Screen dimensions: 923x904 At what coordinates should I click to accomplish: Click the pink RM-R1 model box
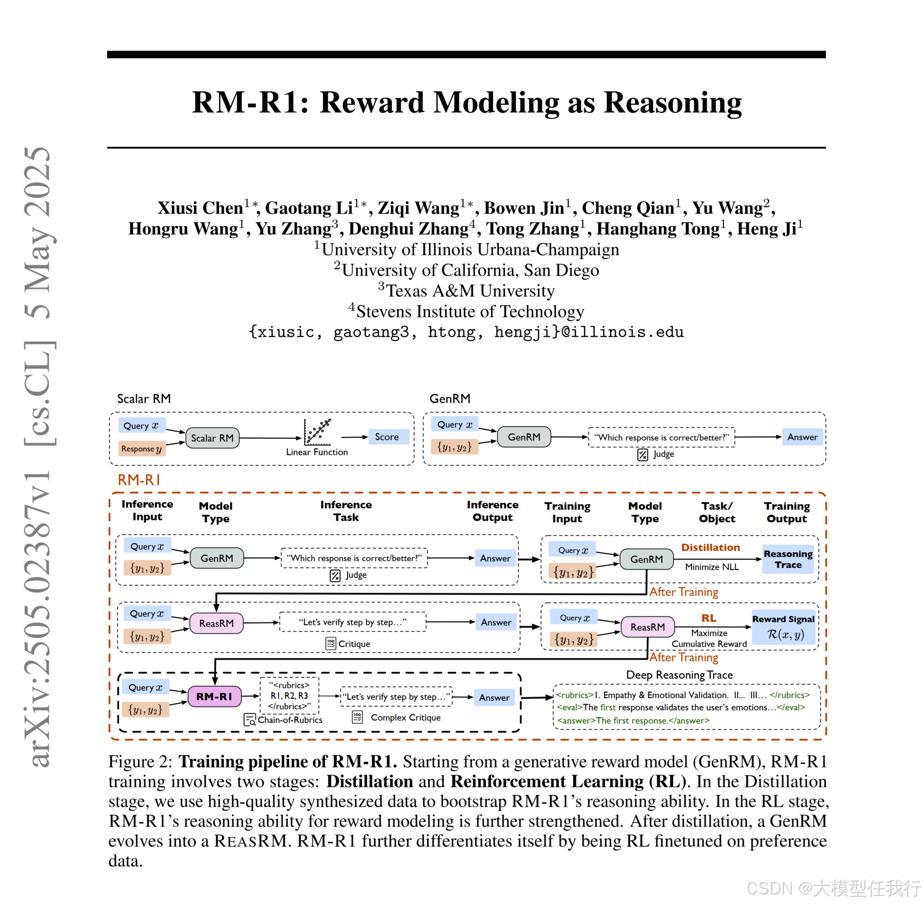[214, 696]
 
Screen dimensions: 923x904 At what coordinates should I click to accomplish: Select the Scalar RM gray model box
[212, 438]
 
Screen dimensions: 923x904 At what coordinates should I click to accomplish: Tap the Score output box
[387, 437]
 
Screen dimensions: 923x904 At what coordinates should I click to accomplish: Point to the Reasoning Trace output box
[788, 559]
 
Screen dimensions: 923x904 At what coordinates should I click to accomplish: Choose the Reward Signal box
[783, 627]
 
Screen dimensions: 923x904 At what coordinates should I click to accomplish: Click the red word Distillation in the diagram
[710, 547]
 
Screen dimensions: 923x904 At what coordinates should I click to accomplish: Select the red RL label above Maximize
[709, 618]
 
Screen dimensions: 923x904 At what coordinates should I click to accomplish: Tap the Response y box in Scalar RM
[141, 449]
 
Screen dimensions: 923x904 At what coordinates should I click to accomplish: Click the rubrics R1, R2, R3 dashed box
[289, 695]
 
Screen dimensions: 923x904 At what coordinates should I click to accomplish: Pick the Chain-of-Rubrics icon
[250, 720]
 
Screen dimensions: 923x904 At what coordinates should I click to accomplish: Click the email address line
[466, 332]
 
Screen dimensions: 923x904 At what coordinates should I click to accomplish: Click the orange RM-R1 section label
[138, 480]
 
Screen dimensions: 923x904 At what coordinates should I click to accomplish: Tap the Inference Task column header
[346, 511]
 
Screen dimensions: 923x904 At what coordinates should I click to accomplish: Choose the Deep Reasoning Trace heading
[679, 675]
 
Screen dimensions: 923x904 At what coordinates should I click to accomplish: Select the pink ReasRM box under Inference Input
[216, 623]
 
